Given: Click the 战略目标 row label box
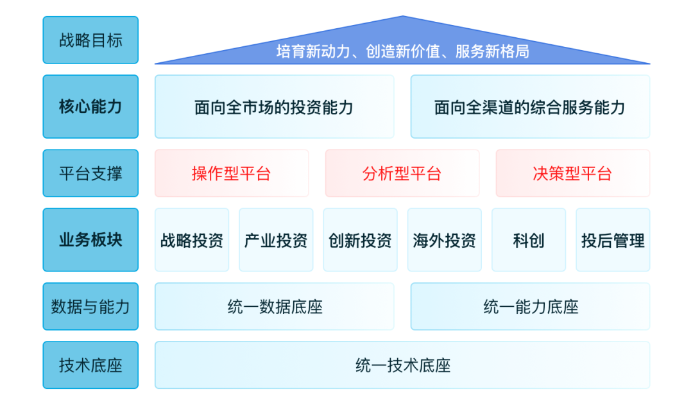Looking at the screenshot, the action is (x=90, y=40).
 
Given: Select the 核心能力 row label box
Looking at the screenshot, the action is (x=90, y=107).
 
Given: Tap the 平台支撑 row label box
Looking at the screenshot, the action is (x=90, y=173).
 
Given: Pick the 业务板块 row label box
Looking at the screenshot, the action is (x=90, y=239).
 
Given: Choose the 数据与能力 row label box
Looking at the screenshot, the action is (x=90, y=306).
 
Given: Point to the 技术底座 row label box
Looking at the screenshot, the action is (x=90, y=365).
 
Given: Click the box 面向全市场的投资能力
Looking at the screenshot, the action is (x=275, y=107).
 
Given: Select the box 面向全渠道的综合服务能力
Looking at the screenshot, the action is (x=531, y=107).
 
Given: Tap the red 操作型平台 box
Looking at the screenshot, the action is (x=232, y=173).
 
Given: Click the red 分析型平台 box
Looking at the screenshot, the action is (x=402, y=173).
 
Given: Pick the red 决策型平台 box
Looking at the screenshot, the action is (x=573, y=173).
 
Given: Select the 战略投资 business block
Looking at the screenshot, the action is (x=192, y=239).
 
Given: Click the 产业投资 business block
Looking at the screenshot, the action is (x=276, y=239).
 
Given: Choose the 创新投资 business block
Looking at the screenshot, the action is (x=360, y=239).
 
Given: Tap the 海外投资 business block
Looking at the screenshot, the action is (x=445, y=239).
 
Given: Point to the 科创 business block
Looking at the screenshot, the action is (x=529, y=239).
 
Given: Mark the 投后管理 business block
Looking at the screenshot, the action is (x=613, y=239).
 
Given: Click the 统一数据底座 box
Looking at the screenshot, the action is (x=275, y=306).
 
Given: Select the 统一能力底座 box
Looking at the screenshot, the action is (x=531, y=306).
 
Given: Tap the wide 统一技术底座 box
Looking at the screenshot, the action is (x=402, y=365).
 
